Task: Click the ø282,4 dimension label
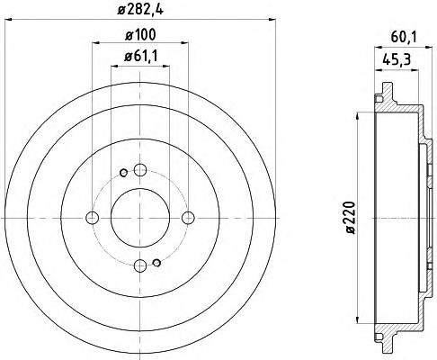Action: coord(140,10)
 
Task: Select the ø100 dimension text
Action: coord(140,35)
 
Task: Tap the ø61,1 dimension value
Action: coord(140,56)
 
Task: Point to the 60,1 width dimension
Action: coord(404,37)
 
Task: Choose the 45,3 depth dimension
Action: coord(397,60)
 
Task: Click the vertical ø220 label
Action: coord(350,218)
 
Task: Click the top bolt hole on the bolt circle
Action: coord(140,170)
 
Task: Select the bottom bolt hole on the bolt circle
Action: coord(140,265)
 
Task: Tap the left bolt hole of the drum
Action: coord(92,218)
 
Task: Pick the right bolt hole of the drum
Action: coord(188,218)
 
